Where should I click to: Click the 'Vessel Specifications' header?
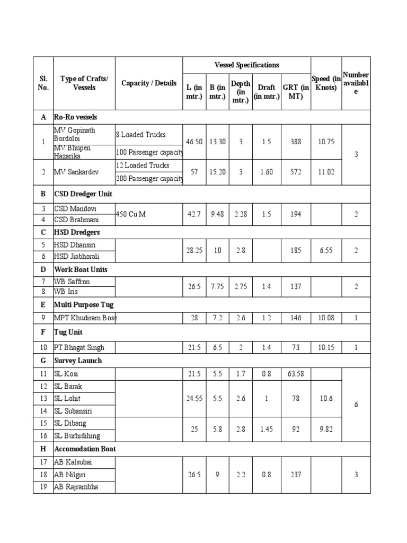click(246, 65)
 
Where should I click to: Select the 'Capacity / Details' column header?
click(149, 83)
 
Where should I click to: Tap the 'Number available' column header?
click(356, 83)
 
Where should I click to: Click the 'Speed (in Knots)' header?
click(326, 83)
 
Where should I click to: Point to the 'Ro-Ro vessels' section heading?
click(77, 117)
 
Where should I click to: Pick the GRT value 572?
click(296, 172)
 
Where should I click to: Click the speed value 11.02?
click(326, 172)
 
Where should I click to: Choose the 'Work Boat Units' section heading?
click(82, 269)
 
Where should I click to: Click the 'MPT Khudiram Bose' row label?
click(85, 318)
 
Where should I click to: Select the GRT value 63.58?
click(296, 374)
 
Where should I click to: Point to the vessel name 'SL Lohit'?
click(67, 398)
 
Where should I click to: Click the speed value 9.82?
click(326, 429)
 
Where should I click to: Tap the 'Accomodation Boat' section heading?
click(85, 449)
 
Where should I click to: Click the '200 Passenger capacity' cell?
click(149, 179)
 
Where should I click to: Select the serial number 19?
click(43, 487)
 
